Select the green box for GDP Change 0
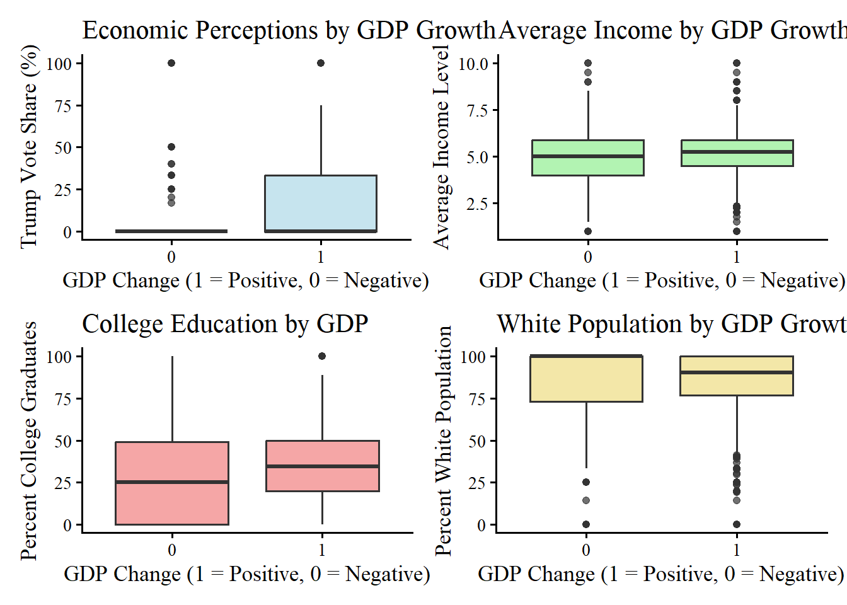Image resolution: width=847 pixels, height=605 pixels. click(588, 158)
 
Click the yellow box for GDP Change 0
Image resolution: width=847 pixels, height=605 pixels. click(586, 379)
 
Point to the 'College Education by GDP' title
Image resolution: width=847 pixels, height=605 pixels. click(225, 324)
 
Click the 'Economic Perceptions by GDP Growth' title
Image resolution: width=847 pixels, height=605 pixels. click(289, 30)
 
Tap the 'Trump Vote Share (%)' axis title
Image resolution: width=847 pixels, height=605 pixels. click(29, 146)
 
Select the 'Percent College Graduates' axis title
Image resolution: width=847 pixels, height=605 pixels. click(29, 441)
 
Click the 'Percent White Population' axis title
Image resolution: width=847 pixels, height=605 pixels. click(444, 441)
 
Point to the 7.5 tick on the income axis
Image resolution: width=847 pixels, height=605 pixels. click(477, 110)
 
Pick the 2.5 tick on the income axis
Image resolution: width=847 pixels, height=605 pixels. click(477, 204)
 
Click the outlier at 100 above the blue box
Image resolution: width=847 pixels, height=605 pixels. click(321, 63)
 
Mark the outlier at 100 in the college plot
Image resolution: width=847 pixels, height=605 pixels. click(322, 356)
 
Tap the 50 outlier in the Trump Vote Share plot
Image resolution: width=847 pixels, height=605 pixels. click(171, 147)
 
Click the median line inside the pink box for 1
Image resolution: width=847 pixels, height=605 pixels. click(323, 466)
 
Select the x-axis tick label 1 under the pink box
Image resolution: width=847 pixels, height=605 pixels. click(322, 550)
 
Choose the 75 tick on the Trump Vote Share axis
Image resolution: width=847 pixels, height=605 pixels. click(63, 106)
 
